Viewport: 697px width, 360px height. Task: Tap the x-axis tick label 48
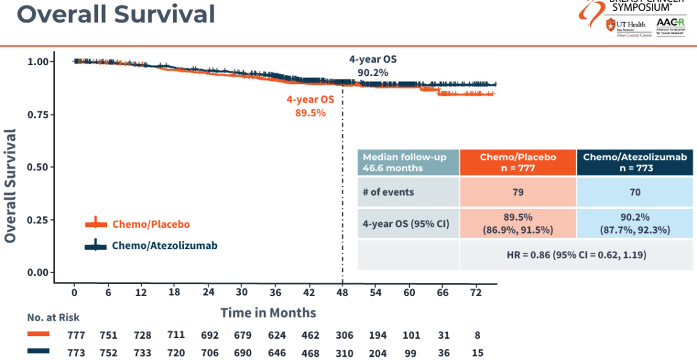342,292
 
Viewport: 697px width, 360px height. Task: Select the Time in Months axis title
268,313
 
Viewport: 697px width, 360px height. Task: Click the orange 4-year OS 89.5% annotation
310,106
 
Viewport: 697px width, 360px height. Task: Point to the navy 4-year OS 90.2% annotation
373,66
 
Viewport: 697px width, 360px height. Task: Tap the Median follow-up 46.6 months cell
409,163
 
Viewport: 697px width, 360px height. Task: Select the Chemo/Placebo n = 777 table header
518,163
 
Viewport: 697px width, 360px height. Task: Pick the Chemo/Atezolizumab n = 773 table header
635,163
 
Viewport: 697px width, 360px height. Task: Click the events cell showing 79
518,192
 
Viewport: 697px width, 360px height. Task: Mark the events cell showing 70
635,192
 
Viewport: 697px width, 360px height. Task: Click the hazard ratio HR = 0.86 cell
577,255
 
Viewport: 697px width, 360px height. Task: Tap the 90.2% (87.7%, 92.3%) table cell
635,224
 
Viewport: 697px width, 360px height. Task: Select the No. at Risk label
54,317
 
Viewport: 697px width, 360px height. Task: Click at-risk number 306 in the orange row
345,335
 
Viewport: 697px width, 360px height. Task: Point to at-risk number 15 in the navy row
476,353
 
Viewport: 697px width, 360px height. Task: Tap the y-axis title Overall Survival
10,186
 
